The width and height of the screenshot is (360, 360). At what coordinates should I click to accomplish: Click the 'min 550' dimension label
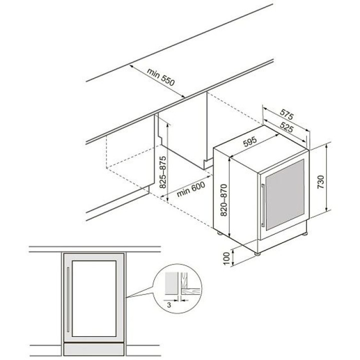tap(160, 76)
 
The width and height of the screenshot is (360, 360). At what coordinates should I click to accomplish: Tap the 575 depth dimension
tap(287, 114)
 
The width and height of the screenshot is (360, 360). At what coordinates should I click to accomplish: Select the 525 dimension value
tap(286, 127)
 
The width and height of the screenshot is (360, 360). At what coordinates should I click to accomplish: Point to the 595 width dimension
tap(250, 141)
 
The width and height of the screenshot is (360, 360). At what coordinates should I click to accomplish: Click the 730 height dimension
tap(320, 182)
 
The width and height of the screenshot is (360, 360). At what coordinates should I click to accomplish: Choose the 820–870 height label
tap(223, 200)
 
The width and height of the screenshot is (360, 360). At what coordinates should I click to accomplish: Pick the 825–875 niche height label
tap(162, 172)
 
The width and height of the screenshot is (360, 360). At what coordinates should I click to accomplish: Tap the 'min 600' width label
tap(191, 189)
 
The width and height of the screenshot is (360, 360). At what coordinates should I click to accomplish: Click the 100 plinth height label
tap(226, 259)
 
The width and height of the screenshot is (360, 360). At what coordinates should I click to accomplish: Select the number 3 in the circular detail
tap(169, 305)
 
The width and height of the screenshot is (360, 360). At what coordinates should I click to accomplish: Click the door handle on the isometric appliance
tap(263, 205)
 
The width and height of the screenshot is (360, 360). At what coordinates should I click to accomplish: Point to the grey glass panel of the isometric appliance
tap(285, 194)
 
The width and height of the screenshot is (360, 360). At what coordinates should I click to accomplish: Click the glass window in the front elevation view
tap(94, 298)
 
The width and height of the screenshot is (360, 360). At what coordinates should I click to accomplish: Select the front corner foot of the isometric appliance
tap(257, 254)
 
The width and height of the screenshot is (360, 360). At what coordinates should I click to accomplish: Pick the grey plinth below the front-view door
tap(93, 349)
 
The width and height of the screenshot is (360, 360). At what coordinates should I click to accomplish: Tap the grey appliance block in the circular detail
tap(171, 283)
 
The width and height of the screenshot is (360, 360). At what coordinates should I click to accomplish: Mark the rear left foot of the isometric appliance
tap(219, 233)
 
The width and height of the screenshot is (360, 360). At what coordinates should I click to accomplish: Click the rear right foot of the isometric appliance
tap(304, 234)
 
